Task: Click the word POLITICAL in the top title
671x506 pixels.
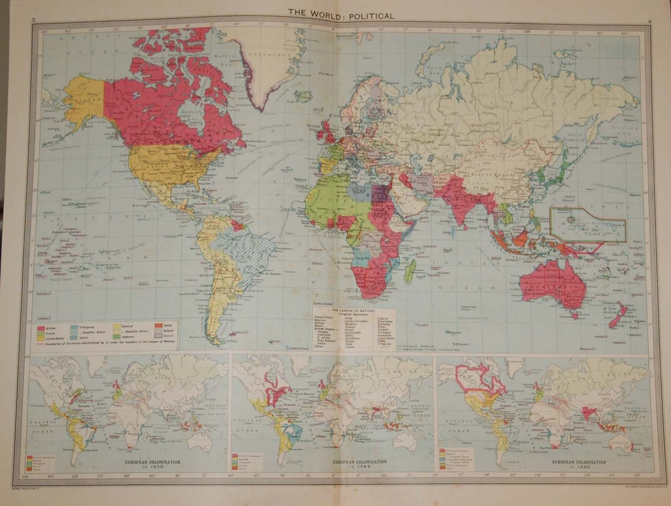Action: pyautogui.click(x=367, y=16)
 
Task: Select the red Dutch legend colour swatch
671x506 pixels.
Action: pyautogui.click(x=150, y=324)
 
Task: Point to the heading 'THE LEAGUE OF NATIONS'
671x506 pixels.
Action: pyautogui.click(x=352, y=309)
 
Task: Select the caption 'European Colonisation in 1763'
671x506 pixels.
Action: pyautogui.click(x=360, y=464)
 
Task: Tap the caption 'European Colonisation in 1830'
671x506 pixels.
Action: pyautogui.click(x=572, y=464)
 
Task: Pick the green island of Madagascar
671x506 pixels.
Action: pyautogui.click(x=410, y=271)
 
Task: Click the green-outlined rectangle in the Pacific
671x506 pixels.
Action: pyautogui.click(x=588, y=225)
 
